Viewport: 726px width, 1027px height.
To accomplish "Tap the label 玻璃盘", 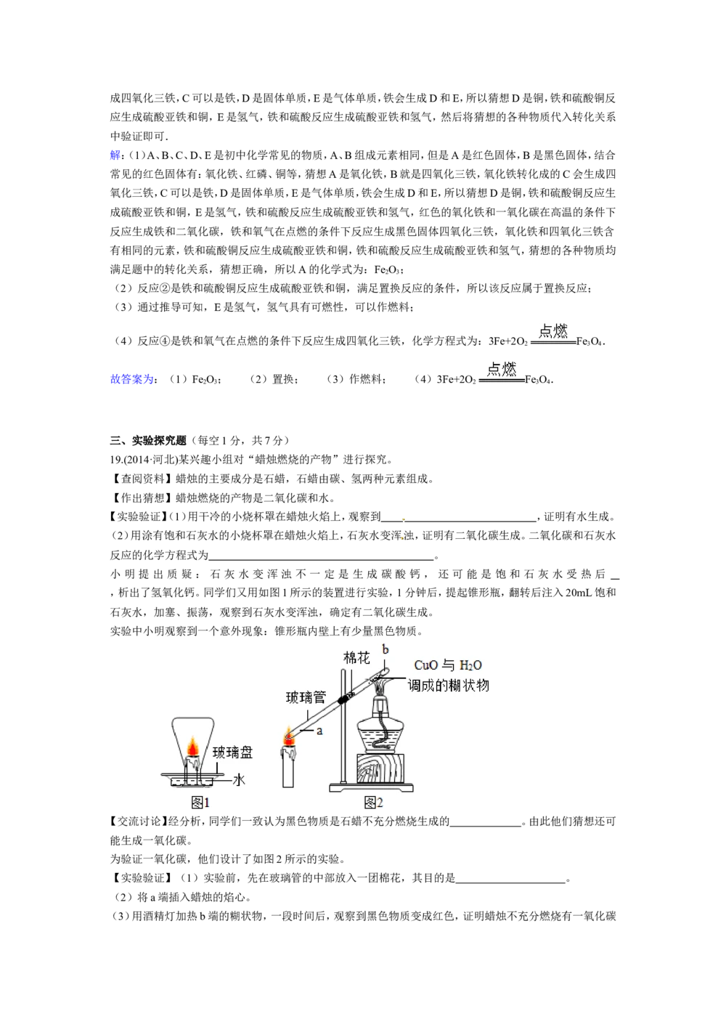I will [x=233, y=752].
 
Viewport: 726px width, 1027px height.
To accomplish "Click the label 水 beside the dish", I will [x=239, y=779].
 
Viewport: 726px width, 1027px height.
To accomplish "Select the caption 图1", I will [x=200, y=802].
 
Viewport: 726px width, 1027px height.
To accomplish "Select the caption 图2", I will [x=373, y=802].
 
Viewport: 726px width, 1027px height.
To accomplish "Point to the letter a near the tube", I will [x=319, y=731].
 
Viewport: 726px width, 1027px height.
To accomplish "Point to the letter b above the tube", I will [x=386, y=649].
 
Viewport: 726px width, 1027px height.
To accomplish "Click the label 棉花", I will [x=356, y=658].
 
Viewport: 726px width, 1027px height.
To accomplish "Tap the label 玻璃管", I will [x=306, y=697].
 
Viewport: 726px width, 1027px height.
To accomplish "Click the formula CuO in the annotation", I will [x=426, y=665].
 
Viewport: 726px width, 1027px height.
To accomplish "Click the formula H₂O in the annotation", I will [x=470, y=665].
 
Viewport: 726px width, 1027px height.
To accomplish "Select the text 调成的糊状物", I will [x=448, y=685].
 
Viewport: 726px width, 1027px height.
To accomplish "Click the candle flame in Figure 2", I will [x=289, y=736].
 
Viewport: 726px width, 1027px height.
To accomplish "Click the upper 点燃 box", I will [x=554, y=332].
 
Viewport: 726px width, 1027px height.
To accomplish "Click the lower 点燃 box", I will [x=502, y=370].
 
